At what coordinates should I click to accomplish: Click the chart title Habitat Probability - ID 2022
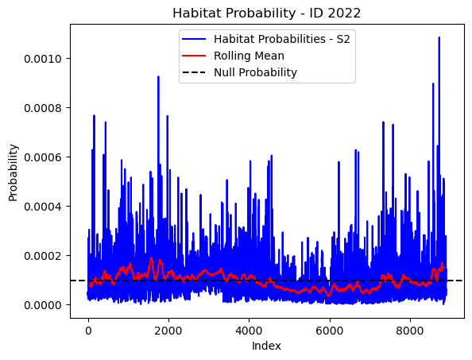click(266, 14)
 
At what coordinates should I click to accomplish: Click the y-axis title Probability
click(13, 172)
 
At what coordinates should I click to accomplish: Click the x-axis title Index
click(266, 346)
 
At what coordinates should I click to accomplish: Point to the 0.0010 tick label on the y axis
click(43, 59)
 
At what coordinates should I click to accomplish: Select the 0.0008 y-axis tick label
click(43, 108)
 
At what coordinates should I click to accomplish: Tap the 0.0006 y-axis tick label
click(43, 157)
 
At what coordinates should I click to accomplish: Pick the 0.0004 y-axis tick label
click(43, 207)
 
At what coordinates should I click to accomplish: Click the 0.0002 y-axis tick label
click(43, 256)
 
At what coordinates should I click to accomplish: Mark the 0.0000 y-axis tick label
click(43, 305)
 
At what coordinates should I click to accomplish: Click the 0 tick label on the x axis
click(88, 331)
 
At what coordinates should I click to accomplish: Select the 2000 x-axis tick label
click(168, 331)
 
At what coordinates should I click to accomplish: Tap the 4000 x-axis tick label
click(249, 331)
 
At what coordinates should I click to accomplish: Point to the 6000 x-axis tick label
click(330, 331)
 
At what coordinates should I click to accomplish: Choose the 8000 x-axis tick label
click(410, 331)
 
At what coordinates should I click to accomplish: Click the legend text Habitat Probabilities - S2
click(282, 39)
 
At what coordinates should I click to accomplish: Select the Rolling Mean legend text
click(249, 56)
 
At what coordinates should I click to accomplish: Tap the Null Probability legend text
click(255, 72)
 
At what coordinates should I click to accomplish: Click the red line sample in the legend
click(194, 56)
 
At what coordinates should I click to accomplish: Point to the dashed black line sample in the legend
click(194, 72)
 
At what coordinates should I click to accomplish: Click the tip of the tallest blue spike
click(439, 37)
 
